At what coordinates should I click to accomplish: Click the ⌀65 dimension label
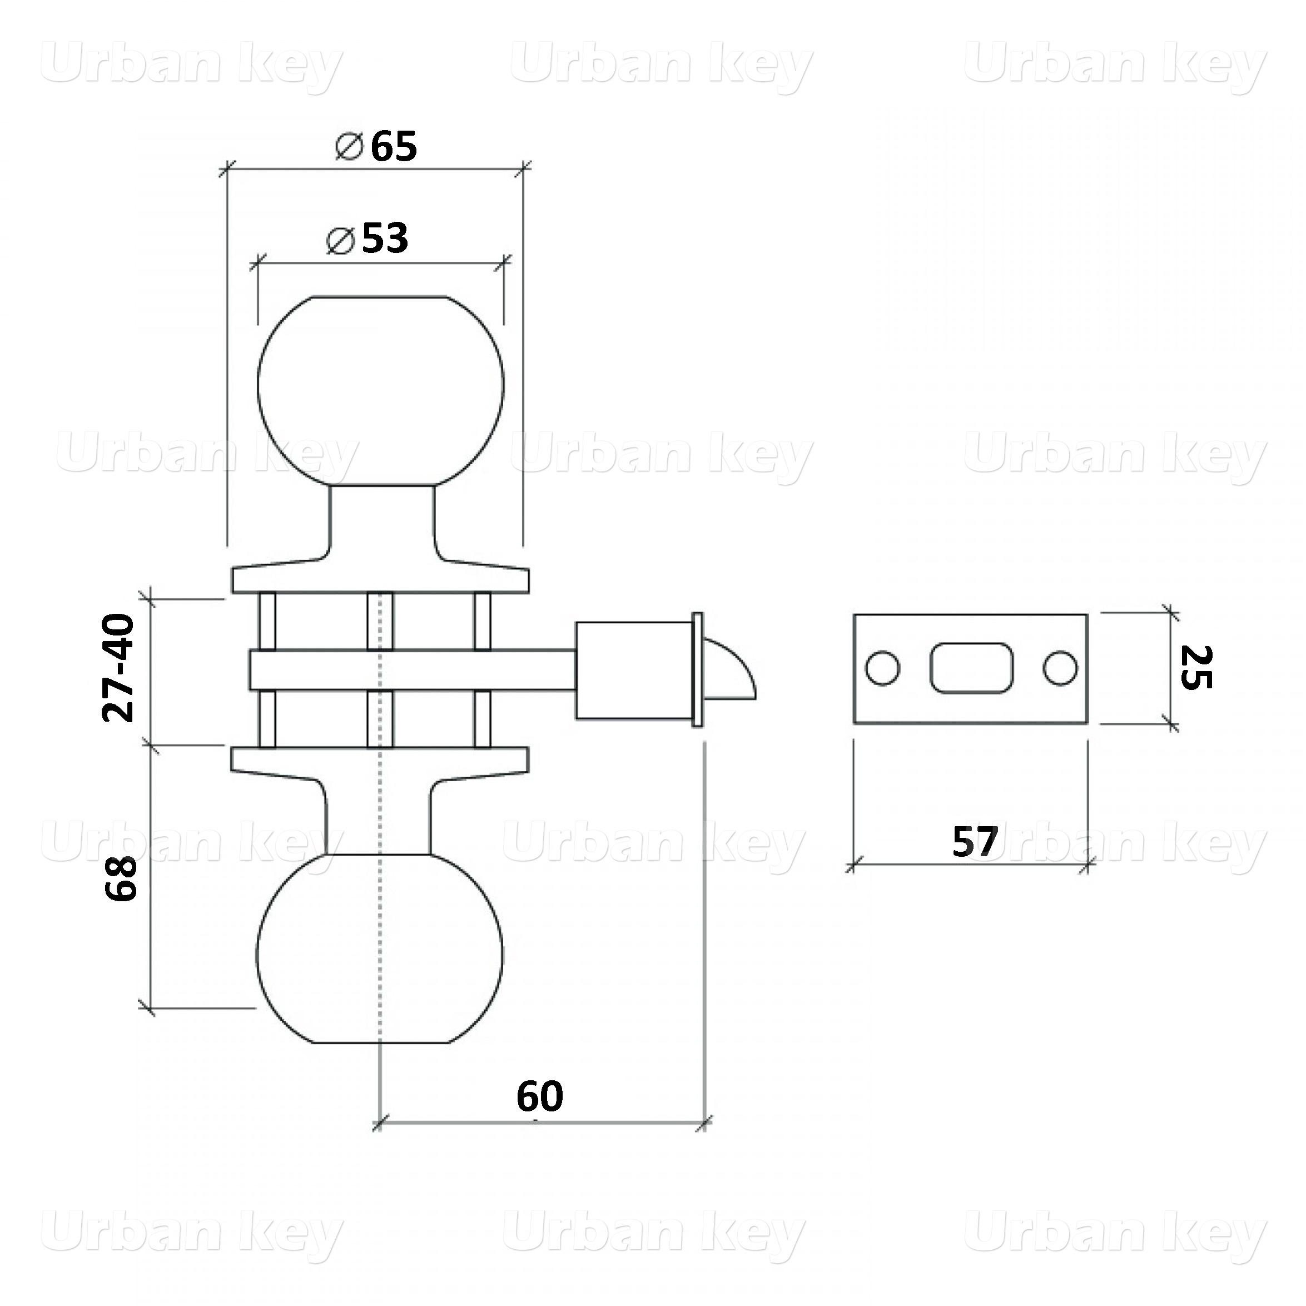tap(376, 146)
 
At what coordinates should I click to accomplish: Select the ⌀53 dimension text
tap(367, 238)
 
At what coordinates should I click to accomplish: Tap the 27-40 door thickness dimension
tap(119, 668)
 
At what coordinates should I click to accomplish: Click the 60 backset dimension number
tap(539, 1096)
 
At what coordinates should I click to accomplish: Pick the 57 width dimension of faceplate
tap(975, 842)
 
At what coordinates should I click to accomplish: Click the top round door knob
tap(381, 391)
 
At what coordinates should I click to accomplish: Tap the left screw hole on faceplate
tap(883, 668)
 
